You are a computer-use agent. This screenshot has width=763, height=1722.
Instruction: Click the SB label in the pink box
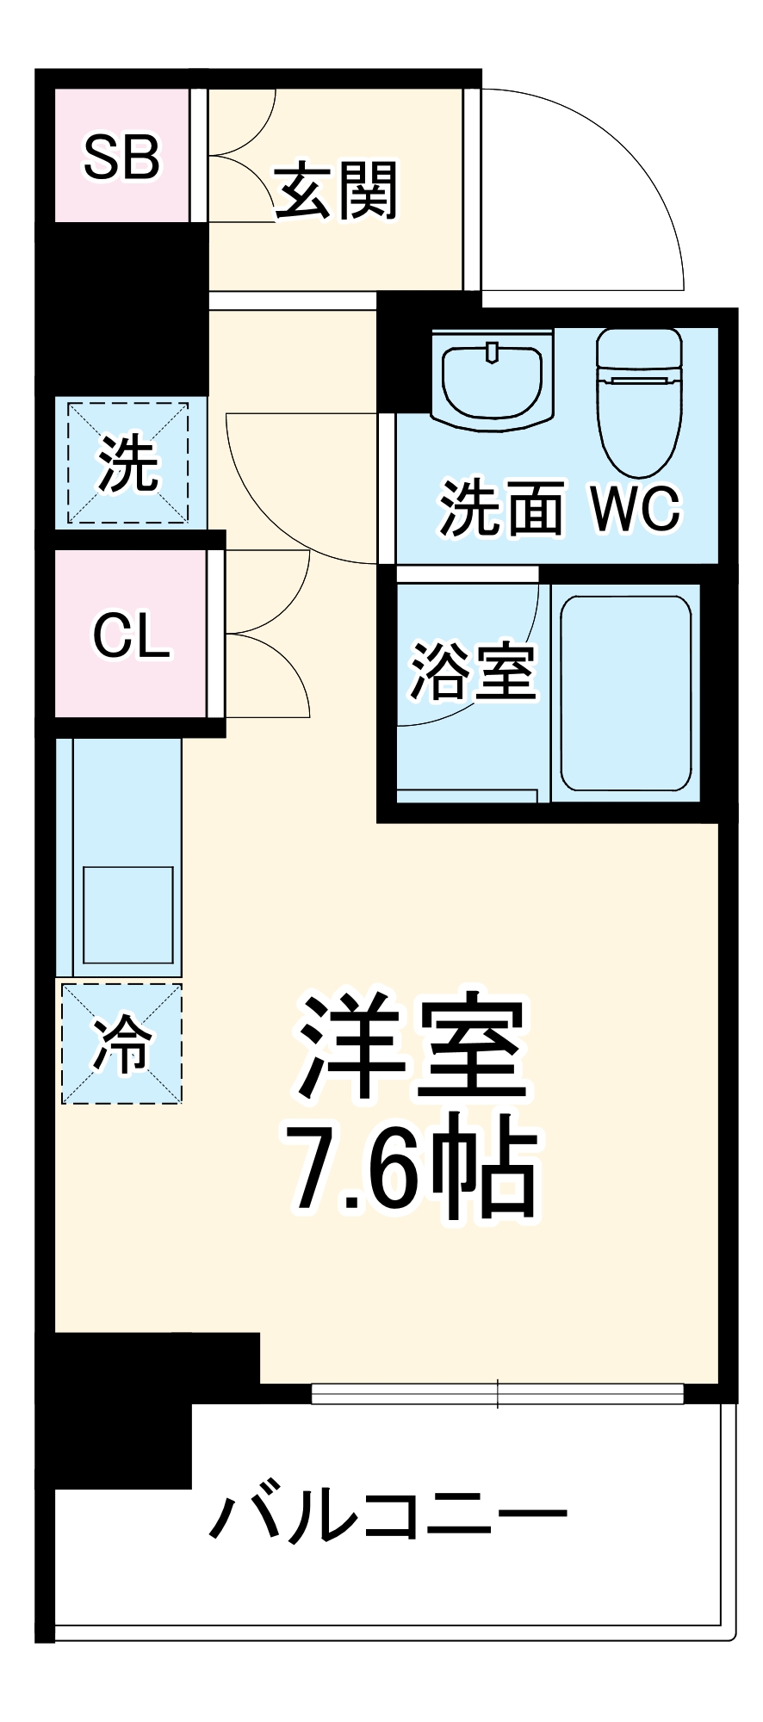(121, 157)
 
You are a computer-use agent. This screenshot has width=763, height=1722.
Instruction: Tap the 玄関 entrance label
(337, 191)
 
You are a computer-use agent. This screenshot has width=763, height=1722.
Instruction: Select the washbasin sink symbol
(492, 379)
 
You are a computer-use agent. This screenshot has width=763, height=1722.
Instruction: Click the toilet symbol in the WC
(640, 400)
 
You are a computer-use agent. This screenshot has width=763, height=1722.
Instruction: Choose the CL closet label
(131, 635)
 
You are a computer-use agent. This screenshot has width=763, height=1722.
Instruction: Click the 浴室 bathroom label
(473, 671)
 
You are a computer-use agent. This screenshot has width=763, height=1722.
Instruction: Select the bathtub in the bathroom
(626, 693)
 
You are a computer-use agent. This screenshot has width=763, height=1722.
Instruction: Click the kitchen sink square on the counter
(127, 914)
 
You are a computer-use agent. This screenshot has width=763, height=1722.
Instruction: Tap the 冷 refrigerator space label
(121, 1044)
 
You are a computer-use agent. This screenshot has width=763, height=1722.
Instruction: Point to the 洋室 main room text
(412, 1048)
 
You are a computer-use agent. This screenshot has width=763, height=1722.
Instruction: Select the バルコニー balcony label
(388, 1517)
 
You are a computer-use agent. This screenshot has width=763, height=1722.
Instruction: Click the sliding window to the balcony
(497, 1393)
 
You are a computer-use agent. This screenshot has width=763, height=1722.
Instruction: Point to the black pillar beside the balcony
(121, 1412)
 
